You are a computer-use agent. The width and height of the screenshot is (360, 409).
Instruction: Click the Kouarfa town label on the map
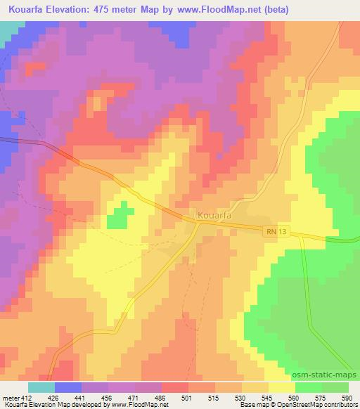coord(214,215)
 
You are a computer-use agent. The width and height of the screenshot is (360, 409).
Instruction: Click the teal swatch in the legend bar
coord(41,387)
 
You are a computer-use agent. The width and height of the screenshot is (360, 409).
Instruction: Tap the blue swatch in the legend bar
coord(68,387)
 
